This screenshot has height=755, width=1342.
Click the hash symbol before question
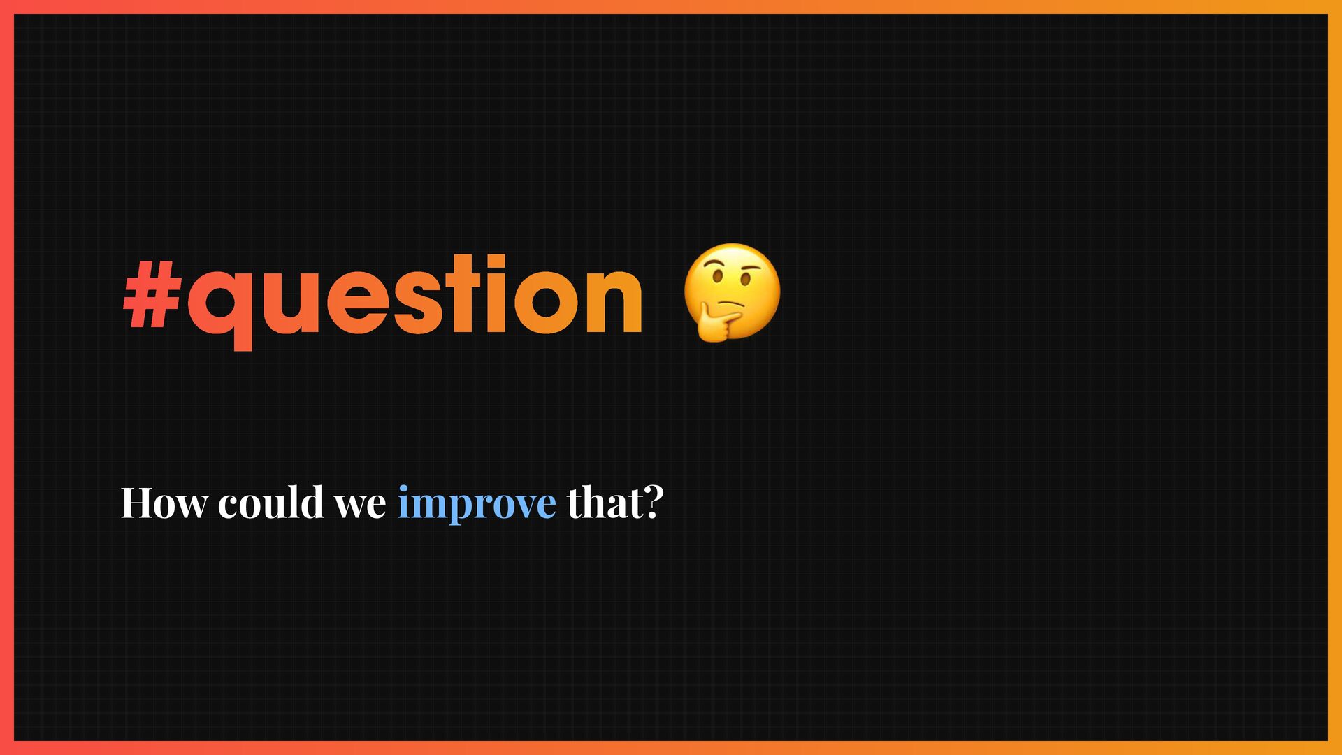pyautogui.click(x=153, y=294)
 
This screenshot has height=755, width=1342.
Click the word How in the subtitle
pyautogui.click(x=164, y=502)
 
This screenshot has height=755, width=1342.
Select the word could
pyautogui.click(x=271, y=501)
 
